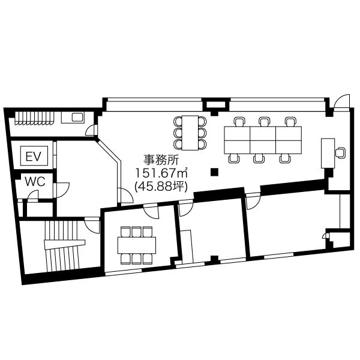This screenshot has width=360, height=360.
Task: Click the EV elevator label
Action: coord(33,157)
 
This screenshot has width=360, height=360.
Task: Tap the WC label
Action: coord(35,182)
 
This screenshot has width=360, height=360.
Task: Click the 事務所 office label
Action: coord(161,160)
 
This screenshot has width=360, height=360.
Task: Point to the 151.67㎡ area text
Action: coord(161,173)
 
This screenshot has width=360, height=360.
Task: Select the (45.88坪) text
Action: coord(161,187)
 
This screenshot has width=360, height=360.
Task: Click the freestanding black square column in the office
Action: coord(214,172)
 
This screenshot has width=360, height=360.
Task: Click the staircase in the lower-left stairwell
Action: coord(63,245)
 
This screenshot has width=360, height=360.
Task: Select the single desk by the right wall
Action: coord(328,153)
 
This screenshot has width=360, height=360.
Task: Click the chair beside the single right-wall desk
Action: coord(340,152)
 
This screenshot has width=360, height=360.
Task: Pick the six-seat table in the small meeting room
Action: coord(137,245)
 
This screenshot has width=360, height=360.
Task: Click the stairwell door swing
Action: coord(92,226)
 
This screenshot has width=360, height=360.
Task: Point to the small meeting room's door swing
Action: coord(151,211)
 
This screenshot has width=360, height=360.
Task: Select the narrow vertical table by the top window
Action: coord(190,133)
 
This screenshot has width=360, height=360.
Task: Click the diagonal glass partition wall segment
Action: coord(108,149)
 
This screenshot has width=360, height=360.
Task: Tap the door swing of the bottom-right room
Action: coord(253,202)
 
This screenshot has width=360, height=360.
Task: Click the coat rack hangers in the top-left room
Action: coord(35,118)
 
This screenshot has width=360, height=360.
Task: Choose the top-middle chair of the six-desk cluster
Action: coord(265,122)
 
